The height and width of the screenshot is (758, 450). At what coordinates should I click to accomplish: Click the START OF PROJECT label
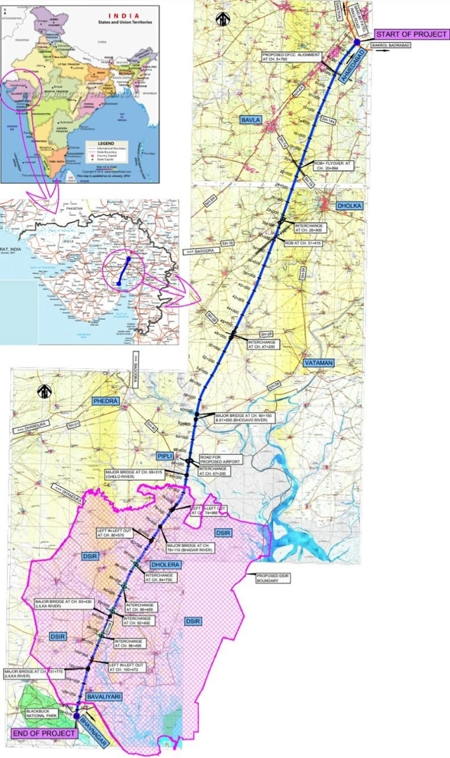[411, 34]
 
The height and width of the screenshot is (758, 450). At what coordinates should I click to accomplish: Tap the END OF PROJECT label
[43, 733]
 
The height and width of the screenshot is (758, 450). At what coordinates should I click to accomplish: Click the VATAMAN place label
[321, 362]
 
